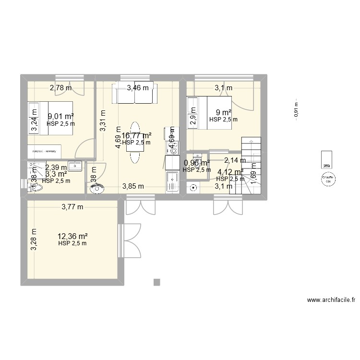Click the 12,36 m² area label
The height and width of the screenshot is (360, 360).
tap(72, 236)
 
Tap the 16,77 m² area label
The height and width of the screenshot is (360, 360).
tap(136, 136)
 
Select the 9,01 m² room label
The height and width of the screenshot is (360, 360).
tap(60, 116)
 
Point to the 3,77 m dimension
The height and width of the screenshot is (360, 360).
tap(72, 207)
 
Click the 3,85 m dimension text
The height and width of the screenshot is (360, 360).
tap(133, 186)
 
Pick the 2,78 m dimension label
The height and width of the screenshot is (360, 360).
tap(61, 87)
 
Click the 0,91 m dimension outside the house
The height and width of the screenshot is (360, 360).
tap(296, 108)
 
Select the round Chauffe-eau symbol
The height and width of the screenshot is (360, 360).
tap(328, 180)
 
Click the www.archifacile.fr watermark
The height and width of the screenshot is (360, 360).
tap(331, 300)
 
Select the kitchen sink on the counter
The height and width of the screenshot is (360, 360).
tap(172, 181)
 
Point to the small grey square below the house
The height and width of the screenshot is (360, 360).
tap(156, 282)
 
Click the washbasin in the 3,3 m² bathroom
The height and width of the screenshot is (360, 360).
tap(76, 166)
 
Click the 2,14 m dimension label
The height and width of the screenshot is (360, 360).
tap(235, 160)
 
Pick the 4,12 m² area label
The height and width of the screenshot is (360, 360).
tap(230, 171)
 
